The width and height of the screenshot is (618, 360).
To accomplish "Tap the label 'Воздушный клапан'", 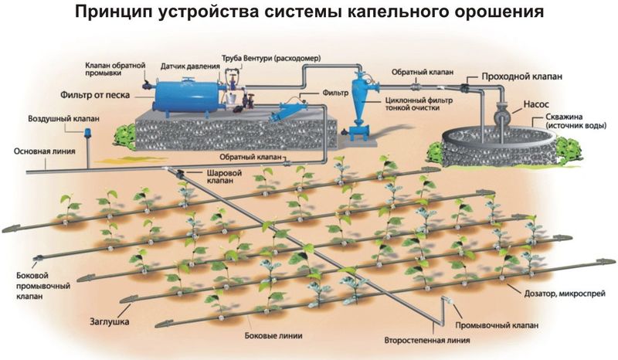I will click(54, 121).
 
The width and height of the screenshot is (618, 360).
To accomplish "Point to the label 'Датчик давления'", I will click(189, 67).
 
